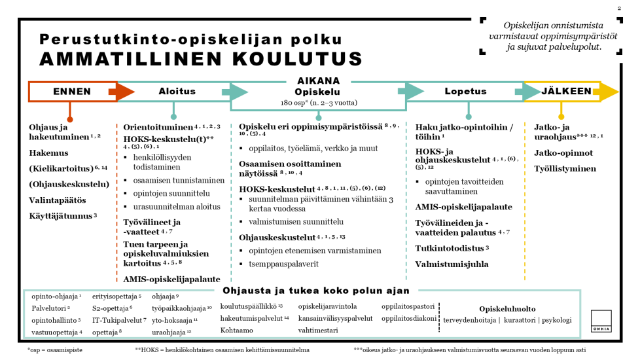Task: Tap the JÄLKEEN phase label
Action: [566, 92]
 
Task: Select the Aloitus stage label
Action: [177, 92]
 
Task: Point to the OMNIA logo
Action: [601, 321]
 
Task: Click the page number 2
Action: [619, 9]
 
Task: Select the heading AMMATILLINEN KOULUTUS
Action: [201, 59]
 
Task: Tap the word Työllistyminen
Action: [565, 168]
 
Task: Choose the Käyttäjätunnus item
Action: [62, 215]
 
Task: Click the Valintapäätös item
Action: [58, 200]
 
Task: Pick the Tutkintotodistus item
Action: [450, 249]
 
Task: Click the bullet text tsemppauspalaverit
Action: [283, 264]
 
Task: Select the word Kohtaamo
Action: [237, 331]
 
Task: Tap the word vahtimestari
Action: [318, 331]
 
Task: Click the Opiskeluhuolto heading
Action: [507, 308]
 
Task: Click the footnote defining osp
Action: [55, 350]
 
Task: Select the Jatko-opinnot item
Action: [563, 153]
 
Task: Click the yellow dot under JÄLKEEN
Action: [561, 117]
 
